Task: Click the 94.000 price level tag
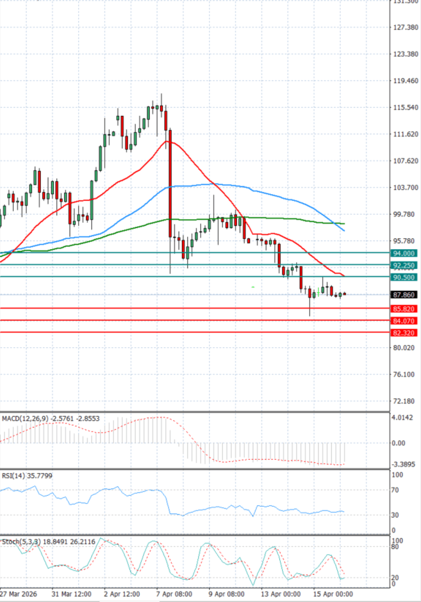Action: click(404, 253)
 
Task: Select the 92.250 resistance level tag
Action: click(404, 266)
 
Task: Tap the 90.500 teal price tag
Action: click(404, 277)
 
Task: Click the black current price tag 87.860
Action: click(404, 295)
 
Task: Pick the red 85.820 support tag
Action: click(404, 309)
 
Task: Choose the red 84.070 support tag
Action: click(404, 321)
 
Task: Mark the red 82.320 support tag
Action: click(404, 333)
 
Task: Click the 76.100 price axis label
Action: click(404, 375)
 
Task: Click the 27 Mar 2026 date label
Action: click(19, 594)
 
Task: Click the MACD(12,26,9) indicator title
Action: click(25, 419)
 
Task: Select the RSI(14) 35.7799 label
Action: click(27, 476)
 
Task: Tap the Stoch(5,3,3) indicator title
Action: click(21, 542)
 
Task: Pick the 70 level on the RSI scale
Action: click(395, 490)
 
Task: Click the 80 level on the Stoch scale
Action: click(395, 547)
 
